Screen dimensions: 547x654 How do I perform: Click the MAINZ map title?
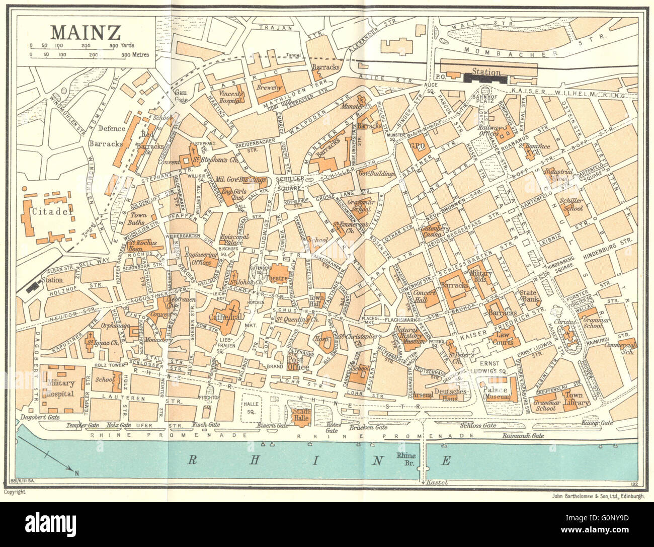coord(86,32)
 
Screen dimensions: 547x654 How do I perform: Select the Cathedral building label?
coord(226,318)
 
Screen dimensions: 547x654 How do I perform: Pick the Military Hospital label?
coord(61,388)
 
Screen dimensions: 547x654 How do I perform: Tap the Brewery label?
coord(270,88)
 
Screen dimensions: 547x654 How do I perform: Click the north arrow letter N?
coord(77,473)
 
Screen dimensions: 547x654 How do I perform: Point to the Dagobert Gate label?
coord(38,417)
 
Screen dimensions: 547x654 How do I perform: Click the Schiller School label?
coord(571,204)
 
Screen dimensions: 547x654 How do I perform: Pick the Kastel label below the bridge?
coord(436,482)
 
